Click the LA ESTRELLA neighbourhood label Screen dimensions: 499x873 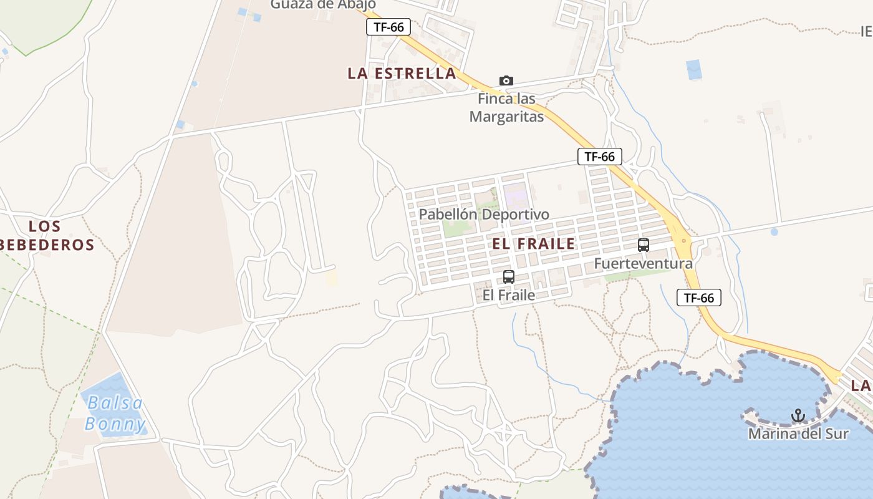402,73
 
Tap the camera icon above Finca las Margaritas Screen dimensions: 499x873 506,80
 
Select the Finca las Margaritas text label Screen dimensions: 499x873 506,107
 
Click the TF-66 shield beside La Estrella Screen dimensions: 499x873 388,27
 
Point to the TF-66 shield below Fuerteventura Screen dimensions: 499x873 698,298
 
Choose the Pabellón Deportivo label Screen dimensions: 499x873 484,215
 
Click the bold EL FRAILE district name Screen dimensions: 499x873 534,244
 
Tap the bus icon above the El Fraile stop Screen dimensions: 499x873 509,277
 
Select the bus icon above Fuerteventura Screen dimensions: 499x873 644,245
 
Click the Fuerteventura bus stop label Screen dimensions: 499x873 643,263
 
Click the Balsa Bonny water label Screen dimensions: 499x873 115,414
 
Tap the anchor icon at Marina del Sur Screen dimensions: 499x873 798,415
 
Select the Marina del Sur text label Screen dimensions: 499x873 798,433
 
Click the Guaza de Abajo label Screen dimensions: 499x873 322,5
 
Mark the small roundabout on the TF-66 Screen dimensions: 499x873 684,240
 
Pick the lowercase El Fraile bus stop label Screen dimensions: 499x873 509,294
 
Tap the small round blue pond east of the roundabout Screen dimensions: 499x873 774,231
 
